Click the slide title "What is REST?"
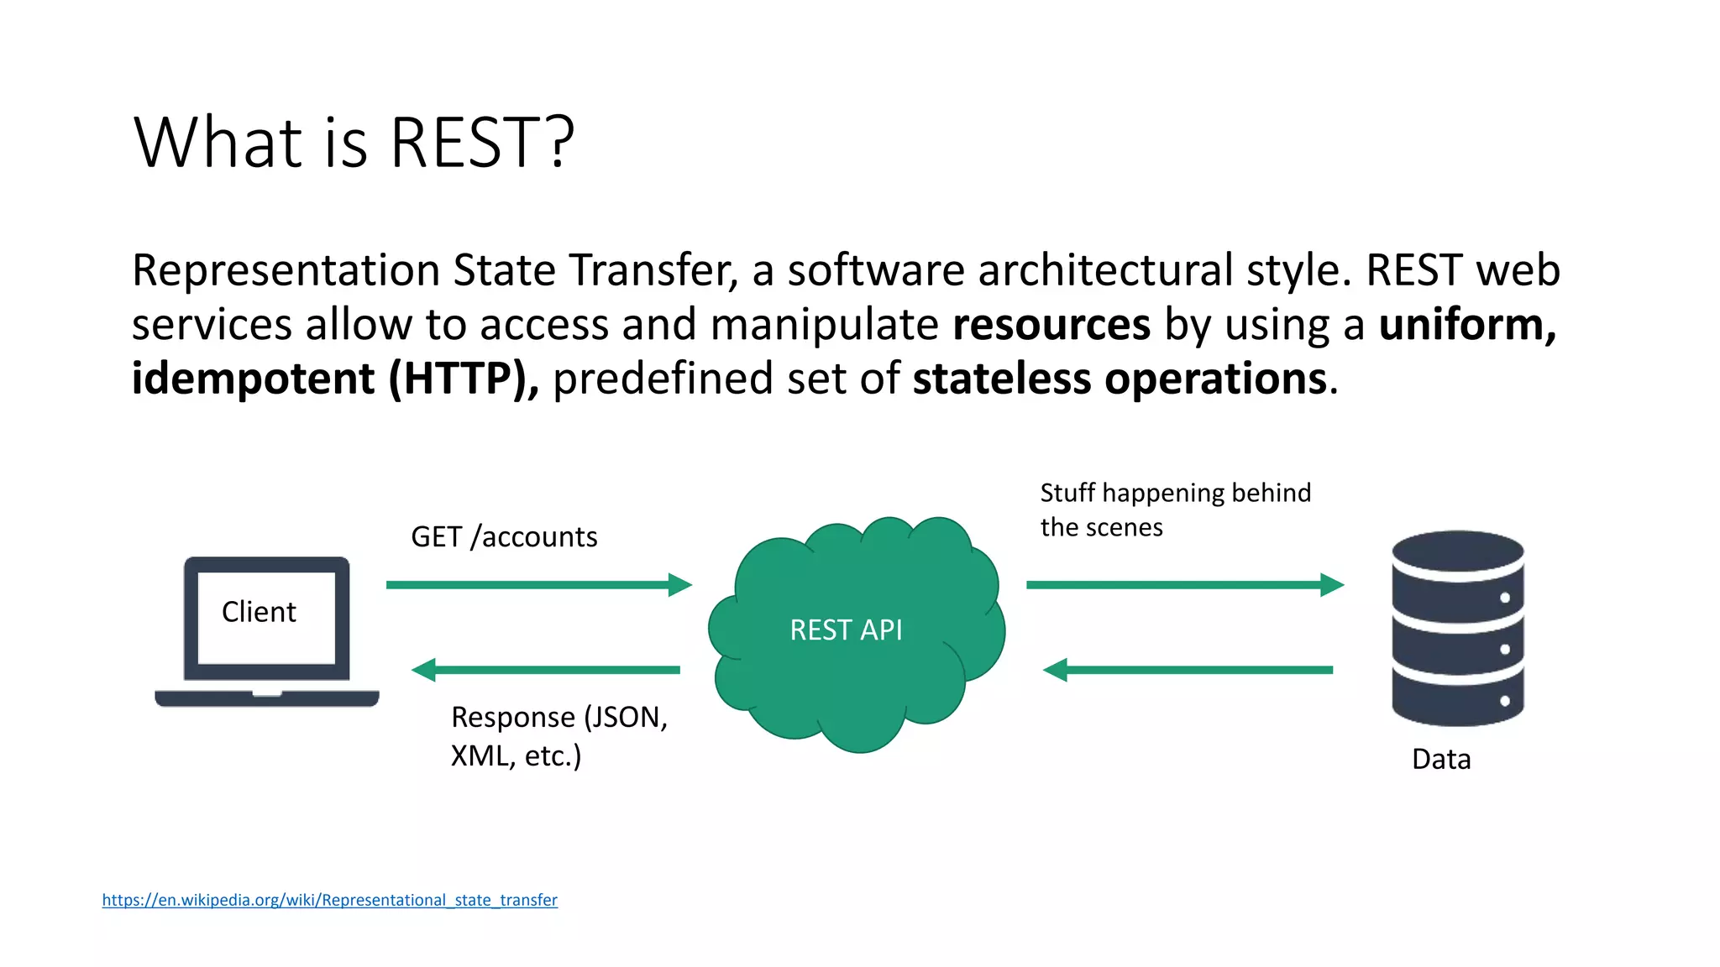[354, 143]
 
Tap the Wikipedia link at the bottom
[329, 900]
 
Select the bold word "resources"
[1051, 325]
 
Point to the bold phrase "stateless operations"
[1120, 379]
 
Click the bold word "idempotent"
[253, 379]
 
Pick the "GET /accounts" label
[504, 536]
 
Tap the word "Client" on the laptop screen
[259, 612]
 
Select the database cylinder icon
[1457, 628]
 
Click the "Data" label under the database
[1441, 759]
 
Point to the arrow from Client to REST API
[538, 584]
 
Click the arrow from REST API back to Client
[546, 670]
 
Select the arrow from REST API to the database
[1184, 584]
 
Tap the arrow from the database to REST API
[1188, 670]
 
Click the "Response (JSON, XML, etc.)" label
[558, 736]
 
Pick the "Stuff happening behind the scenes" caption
[1175, 510]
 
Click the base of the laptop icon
[267, 698]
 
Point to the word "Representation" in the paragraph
[286, 271]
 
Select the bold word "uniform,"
[1467, 325]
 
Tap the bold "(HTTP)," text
[463, 379]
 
